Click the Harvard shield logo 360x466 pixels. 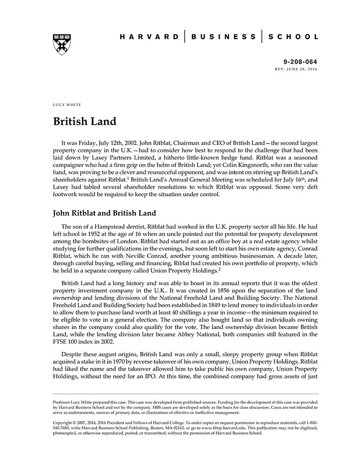[62, 44]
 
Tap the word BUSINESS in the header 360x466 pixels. [223, 37]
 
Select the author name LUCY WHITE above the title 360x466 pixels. [67, 105]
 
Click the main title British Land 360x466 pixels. [85, 122]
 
